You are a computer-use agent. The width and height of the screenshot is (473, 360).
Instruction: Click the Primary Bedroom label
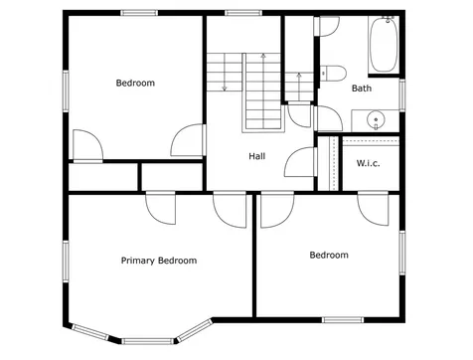[159, 261]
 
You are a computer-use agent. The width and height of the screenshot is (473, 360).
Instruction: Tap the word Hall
[257, 156]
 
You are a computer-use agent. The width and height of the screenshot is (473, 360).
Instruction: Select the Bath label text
[362, 89]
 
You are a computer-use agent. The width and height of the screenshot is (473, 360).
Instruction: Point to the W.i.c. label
[369, 163]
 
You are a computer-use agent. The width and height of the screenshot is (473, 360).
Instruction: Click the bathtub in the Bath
[384, 44]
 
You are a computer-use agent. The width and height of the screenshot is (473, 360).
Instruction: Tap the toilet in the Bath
[333, 73]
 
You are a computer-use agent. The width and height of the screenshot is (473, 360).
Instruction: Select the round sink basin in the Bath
[376, 119]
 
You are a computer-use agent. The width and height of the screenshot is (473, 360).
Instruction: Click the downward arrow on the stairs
[225, 73]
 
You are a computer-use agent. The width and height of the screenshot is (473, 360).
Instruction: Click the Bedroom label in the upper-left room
[135, 83]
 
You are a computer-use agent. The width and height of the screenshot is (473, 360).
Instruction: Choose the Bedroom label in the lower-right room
[329, 255]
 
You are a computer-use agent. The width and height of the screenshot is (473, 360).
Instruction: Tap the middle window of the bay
[147, 341]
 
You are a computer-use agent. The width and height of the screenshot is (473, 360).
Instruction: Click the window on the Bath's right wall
[402, 95]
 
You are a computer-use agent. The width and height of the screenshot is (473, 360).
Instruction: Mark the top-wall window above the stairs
[243, 13]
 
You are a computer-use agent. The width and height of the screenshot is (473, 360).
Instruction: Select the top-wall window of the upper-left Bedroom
[139, 13]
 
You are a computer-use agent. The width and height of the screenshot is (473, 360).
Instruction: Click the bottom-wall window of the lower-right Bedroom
[343, 320]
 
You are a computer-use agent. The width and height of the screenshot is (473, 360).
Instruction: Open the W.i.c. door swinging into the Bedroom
[374, 208]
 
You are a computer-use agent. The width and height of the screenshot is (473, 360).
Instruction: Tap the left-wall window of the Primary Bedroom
[66, 262]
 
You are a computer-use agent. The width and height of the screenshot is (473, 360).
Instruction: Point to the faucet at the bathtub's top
[388, 19]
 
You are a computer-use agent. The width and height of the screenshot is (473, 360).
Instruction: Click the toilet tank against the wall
[323, 73]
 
